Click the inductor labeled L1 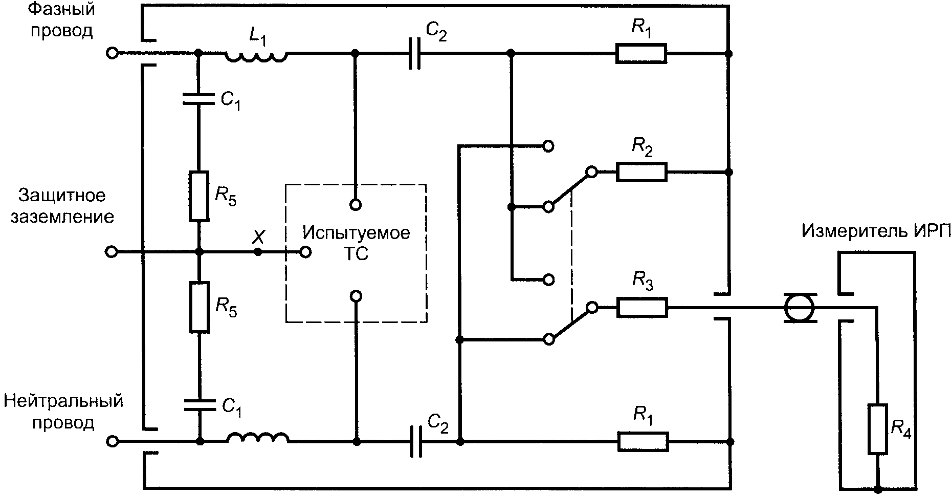(256, 56)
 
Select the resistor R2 (641, 172)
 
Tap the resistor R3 (642, 307)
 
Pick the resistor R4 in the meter (877, 429)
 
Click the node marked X (258, 252)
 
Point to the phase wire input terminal (112, 53)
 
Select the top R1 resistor (641, 53)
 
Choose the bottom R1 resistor (643, 441)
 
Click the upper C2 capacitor (414, 53)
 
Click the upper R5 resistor (199, 197)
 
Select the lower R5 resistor (200, 307)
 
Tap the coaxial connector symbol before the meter (799, 308)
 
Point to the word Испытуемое (356, 233)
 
